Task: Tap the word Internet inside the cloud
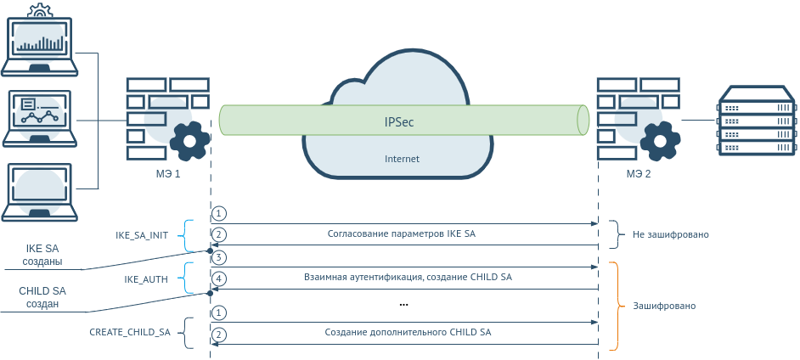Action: click(402, 159)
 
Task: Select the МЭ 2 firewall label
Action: click(639, 173)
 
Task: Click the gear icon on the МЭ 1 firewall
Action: click(189, 141)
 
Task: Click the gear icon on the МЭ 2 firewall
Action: click(661, 141)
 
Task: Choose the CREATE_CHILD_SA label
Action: click(130, 333)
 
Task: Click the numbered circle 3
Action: click(219, 257)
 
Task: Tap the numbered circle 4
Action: click(219, 278)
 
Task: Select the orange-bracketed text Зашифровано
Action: click(670, 305)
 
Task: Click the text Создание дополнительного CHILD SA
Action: click(408, 333)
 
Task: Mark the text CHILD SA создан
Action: click(42, 297)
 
